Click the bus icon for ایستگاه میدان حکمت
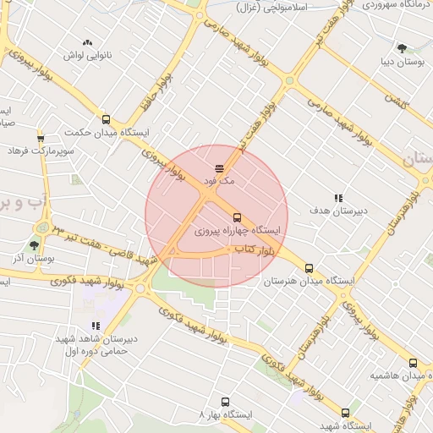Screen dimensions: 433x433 tap(106, 119)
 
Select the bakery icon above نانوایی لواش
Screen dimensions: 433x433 tap(86, 41)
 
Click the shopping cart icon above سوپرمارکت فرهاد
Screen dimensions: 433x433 tap(41, 138)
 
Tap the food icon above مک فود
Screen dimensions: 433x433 tap(220, 167)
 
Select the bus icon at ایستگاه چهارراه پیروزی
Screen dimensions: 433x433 tap(236, 216)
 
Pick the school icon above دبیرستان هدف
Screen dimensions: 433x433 tap(338, 197)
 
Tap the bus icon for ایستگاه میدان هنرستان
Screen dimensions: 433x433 tap(308, 267)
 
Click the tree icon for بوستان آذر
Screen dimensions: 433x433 tap(34, 244)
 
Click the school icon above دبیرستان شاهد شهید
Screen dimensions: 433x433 tap(96, 325)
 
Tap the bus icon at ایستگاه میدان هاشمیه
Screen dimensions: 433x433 tap(412, 362)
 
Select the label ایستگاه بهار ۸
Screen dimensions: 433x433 tap(224, 416)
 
